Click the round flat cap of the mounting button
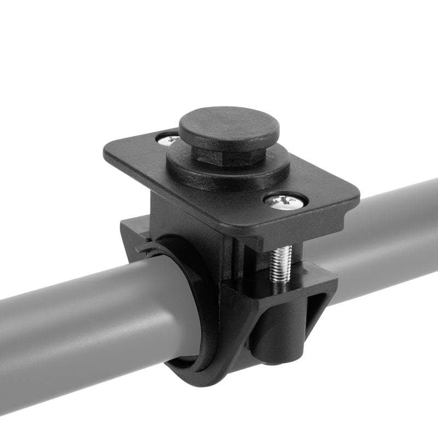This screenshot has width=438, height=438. tap(229, 126)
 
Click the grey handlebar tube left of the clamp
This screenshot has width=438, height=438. tap(82, 323)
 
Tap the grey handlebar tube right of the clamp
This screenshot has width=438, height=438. tap(383, 230)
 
